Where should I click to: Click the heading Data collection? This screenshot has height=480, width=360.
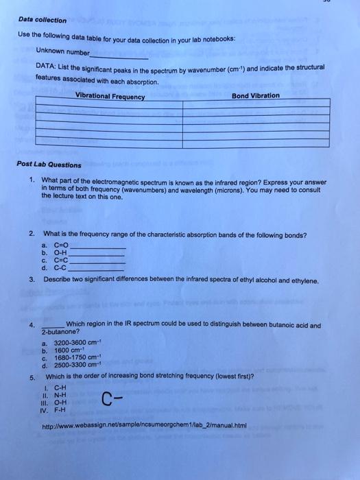42,20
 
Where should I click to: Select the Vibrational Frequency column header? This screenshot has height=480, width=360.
110,96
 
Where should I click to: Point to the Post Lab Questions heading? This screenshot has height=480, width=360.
49,165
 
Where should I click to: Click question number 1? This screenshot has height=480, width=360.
32,180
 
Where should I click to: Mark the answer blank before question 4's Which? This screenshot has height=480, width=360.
53,325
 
